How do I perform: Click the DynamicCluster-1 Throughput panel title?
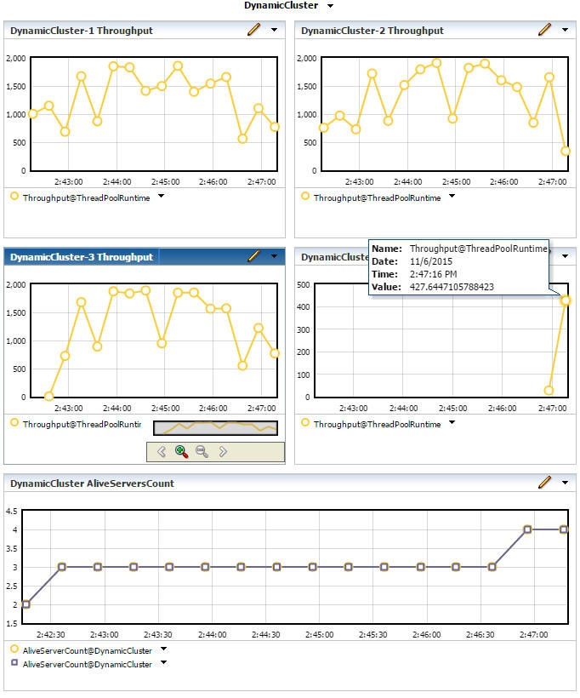[82, 31]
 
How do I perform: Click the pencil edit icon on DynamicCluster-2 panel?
[544, 30]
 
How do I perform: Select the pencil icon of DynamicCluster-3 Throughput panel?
[253, 255]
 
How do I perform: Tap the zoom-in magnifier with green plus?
[181, 451]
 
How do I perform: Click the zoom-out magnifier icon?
[202, 451]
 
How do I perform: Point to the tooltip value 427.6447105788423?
[452, 287]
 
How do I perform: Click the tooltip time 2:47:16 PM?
[433, 274]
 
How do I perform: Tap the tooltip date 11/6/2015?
[430, 261]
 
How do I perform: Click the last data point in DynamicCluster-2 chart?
[566, 151]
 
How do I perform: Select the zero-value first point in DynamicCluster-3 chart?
[49, 396]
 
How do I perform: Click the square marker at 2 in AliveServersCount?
[26, 604]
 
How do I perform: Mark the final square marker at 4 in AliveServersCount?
[564, 529]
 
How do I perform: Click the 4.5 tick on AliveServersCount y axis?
[12, 511]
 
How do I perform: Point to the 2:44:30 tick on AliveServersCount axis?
[266, 634]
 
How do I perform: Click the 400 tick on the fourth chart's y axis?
[304, 306]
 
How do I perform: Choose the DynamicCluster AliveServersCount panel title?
[92, 483]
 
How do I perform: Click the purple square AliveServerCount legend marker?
[14, 662]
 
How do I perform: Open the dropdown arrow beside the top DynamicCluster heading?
[330, 6]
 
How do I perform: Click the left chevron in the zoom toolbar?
[161, 451]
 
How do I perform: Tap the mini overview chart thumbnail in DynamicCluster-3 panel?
[215, 428]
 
